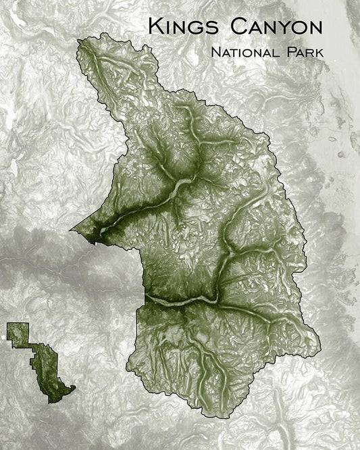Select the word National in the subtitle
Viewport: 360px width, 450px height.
[245, 51]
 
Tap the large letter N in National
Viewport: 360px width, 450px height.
[215, 51]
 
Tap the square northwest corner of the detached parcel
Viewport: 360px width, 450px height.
[9, 325]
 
